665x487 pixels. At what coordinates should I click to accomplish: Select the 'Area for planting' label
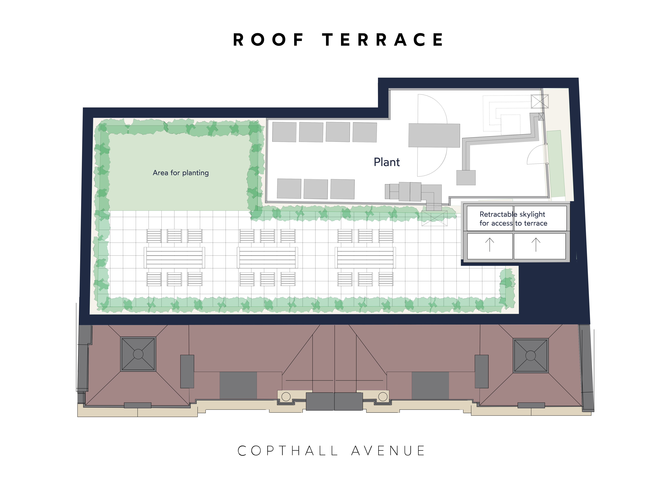point(180,173)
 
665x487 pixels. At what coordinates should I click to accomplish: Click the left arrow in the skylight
point(489,245)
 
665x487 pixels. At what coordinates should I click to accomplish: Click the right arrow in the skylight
point(536,245)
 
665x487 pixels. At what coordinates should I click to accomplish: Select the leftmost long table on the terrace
point(174,257)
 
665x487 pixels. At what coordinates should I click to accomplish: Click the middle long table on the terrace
point(267,257)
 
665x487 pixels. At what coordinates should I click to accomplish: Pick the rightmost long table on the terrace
point(365,257)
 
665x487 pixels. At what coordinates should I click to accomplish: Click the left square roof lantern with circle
point(138,354)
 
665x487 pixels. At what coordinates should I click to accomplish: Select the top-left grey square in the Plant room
point(284,132)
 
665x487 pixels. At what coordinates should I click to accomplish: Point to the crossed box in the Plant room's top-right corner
point(540,101)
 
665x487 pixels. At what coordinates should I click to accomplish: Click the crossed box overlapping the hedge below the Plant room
point(434,218)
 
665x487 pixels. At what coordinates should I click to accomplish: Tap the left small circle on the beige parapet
point(286,397)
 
